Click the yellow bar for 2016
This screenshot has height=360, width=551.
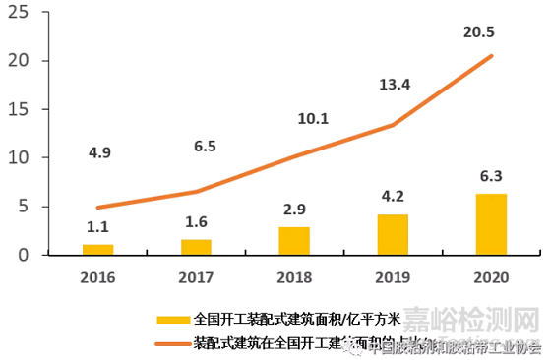coord(97,250)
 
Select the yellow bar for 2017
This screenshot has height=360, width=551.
coord(196,247)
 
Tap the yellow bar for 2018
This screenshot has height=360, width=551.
coord(294,241)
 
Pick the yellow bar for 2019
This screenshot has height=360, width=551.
coord(393,235)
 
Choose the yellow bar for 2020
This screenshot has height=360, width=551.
coord(491,224)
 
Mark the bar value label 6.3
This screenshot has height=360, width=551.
coord(491,177)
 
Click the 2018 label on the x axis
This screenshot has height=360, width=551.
coord(294,277)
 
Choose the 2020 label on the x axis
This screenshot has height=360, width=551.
coord(491,277)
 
